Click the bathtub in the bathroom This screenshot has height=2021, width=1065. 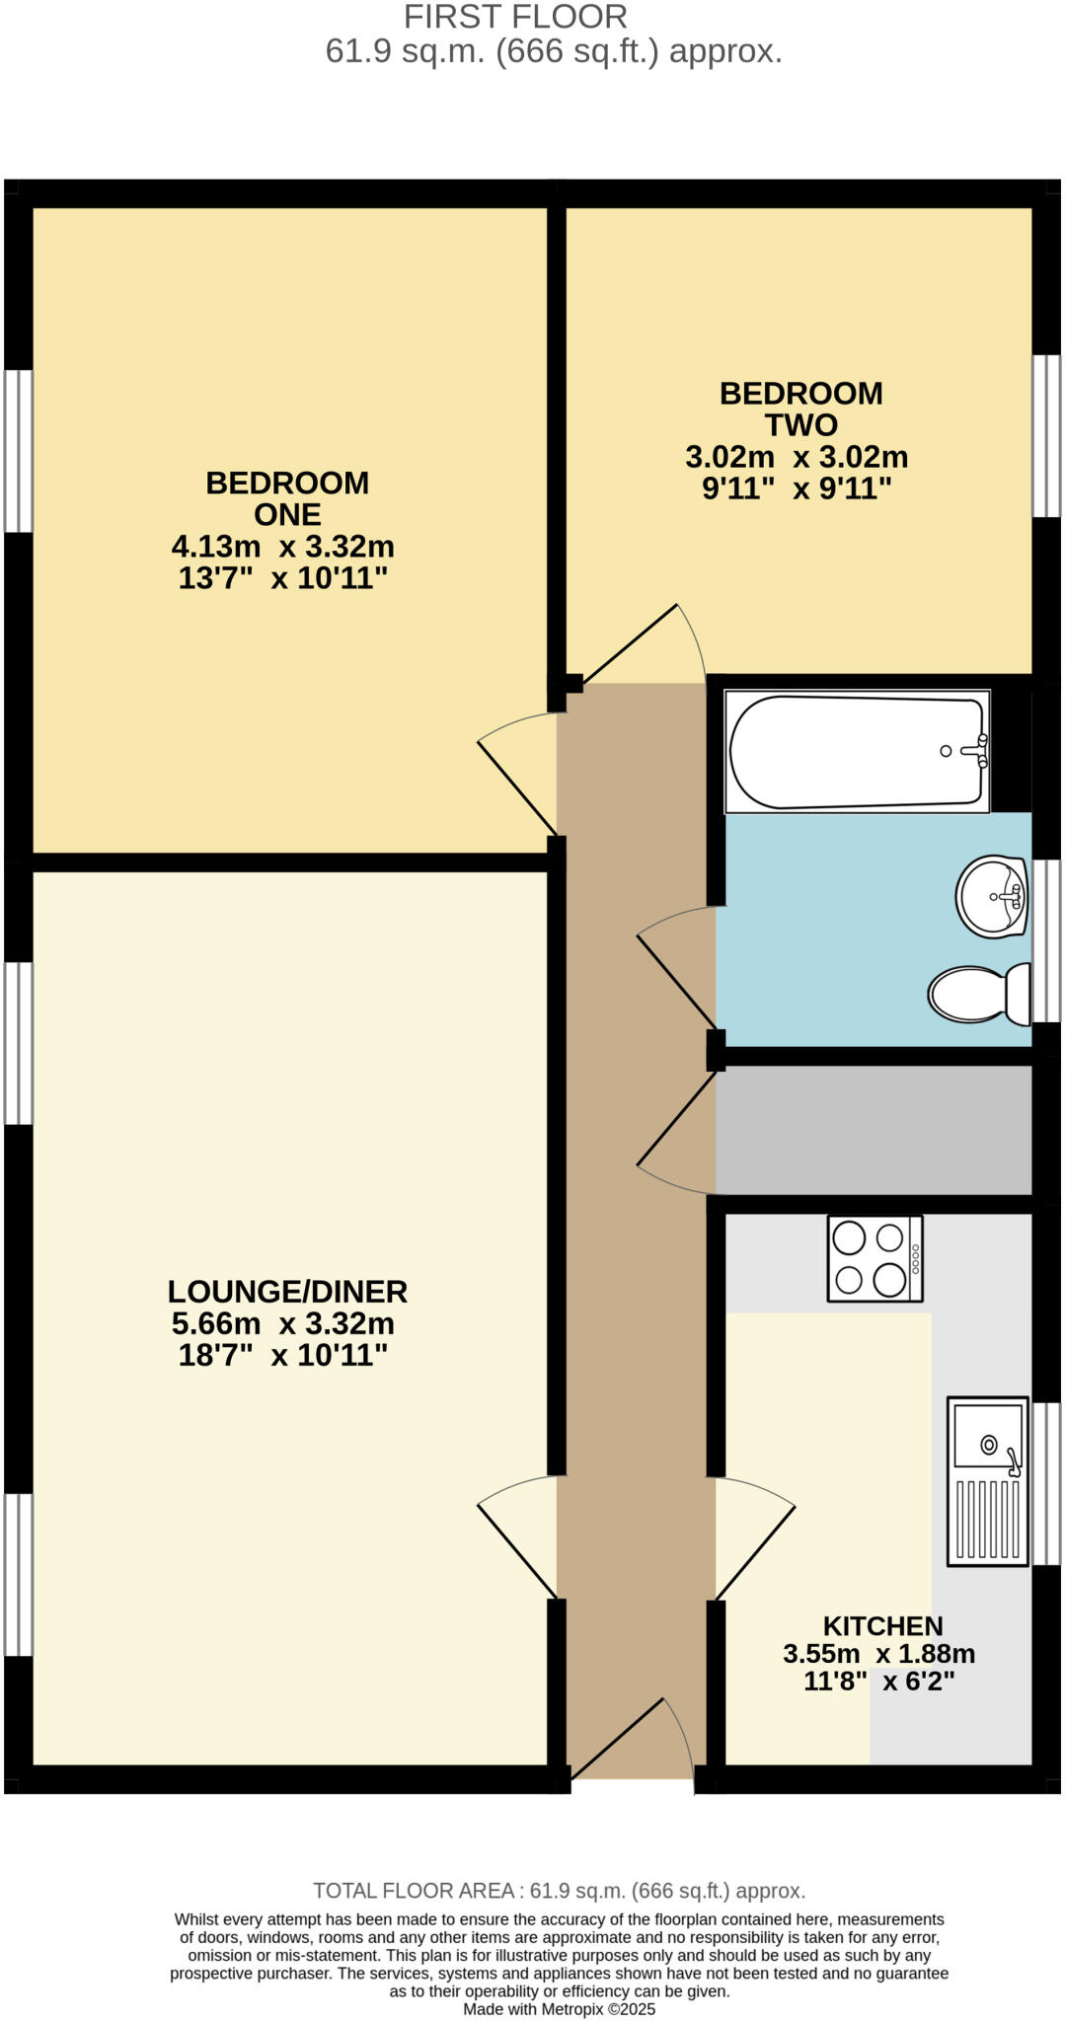857,752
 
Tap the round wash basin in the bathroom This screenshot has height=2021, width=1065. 992,896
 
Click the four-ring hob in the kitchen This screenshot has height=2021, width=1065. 875,1258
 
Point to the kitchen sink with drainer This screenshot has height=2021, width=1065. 987,1480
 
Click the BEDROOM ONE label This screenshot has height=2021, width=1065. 287,498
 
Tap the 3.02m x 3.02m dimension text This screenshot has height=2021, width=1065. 797,458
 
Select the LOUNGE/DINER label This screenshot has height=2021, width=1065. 287,1292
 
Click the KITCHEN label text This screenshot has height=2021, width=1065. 882,1625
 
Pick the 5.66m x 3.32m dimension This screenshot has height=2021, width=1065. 283,1323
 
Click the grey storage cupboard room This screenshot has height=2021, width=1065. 874,1130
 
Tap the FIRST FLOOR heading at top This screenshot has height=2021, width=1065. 515,17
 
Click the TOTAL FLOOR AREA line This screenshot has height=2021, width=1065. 559,1890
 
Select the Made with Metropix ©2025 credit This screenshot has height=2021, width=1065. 559,2008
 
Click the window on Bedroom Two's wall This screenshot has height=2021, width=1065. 1046,435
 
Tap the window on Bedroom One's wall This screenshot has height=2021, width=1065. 18,451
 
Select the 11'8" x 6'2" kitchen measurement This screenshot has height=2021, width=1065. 878,1681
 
